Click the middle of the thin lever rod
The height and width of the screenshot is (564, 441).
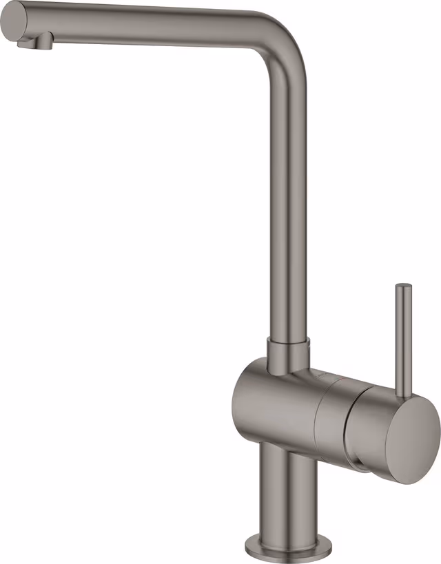click(402, 337)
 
